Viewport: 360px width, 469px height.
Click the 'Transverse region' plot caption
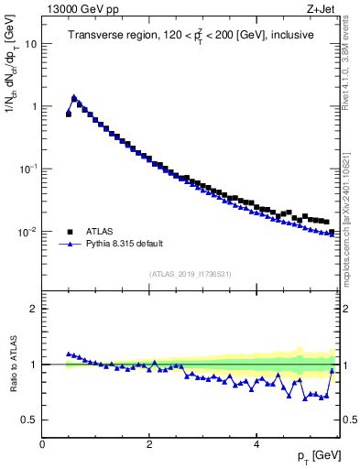tap(191, 36)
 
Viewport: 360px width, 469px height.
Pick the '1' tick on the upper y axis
tap(35, 106)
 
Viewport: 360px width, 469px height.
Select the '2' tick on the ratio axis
tap(35, 309)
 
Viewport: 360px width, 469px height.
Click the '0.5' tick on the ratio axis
tap(31, 420)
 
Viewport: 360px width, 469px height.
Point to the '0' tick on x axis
tap(42, 444)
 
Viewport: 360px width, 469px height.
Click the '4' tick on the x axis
tap(256, 444)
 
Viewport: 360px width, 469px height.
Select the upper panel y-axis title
tap(12, 92)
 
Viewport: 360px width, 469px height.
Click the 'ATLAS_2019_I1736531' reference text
tap(190, 274)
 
